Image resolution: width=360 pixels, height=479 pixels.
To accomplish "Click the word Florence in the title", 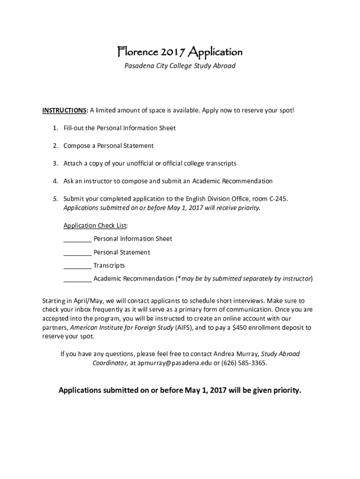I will (134, 51).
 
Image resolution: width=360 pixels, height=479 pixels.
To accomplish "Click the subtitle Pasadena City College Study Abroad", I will (180, 66).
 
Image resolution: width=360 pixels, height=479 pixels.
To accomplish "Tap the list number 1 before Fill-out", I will (55, 128).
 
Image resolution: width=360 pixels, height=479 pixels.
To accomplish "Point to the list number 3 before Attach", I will (55, 164).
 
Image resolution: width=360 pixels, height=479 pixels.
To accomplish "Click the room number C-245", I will (278, 199).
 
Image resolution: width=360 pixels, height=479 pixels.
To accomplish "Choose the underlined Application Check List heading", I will (95, 225).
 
